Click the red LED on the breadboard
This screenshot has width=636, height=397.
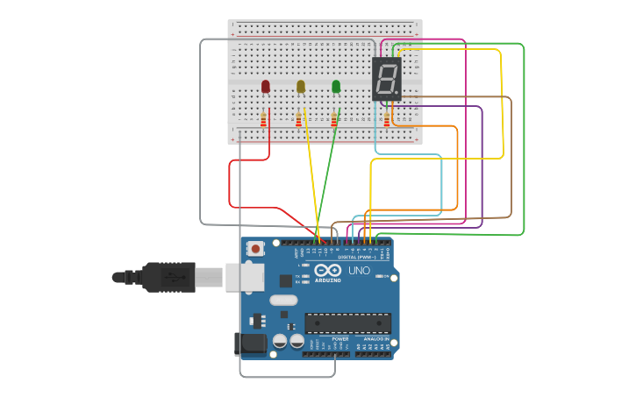click(x=266, y=86)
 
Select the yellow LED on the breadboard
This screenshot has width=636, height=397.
click(x=301, y=86)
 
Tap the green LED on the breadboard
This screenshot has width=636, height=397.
click(x=336, y=86)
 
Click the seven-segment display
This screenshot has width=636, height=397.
click(x=387, y=79)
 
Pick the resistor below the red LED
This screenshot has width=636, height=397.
click(x=263, y=119)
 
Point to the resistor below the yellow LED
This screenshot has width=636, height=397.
click(x=298, y=119)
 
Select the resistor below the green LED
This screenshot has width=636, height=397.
click(x=333, y=119)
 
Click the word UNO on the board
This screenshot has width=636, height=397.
click(x=359, y=271)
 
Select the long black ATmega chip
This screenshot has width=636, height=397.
click(x=347, y=323)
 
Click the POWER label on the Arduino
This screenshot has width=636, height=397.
click(x=339, y=338)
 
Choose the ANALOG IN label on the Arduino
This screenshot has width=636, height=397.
click(x=375, y=338)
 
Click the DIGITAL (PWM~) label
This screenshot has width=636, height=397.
click(x=356, y=257)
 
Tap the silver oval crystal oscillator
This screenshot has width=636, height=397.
click(x=283, y=300)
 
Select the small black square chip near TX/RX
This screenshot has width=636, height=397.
click(x=285, y=280)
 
